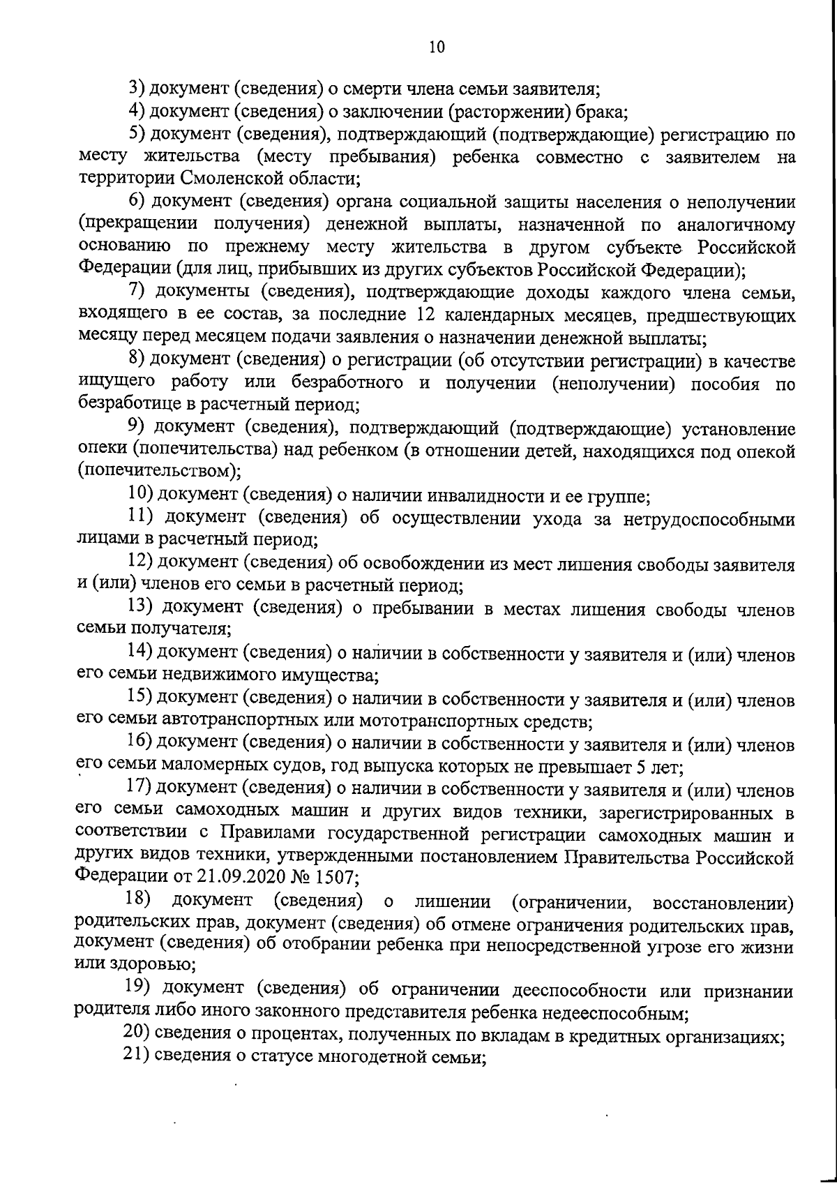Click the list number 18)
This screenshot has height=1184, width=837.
coord(138,900)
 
